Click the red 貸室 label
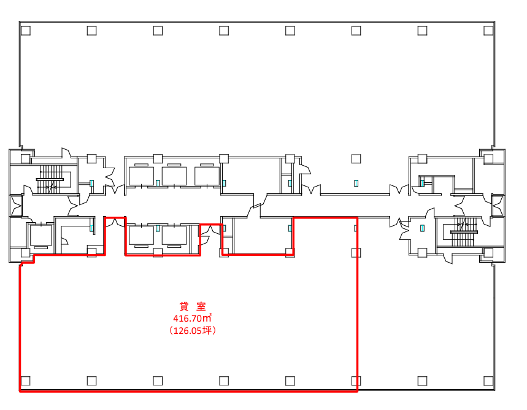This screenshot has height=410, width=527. point(193,306)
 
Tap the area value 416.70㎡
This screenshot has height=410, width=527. point(192,318)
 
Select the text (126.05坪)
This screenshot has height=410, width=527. point(193,330)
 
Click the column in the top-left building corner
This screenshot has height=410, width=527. point(26,31)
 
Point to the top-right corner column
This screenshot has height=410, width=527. point(488,31)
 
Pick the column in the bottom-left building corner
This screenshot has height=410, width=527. point(26,381)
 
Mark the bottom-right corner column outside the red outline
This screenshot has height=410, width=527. point(488,381)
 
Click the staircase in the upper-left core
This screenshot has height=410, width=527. point(50,179)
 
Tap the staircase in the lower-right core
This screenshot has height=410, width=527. point(464,232)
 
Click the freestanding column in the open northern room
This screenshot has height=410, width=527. point(356,159)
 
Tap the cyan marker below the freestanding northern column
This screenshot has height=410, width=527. point(356,184)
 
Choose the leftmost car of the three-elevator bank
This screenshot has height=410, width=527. point(141,176)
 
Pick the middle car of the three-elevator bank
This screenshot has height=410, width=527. point(174,176)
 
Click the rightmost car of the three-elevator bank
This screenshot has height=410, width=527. point(207,176)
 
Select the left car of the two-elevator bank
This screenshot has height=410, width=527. point(141,236)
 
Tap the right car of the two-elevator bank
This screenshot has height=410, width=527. point(174,236)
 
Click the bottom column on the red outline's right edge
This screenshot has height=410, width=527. point(356,381)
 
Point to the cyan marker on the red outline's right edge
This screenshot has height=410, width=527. point(356,228)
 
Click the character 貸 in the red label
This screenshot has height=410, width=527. point(184,306)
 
